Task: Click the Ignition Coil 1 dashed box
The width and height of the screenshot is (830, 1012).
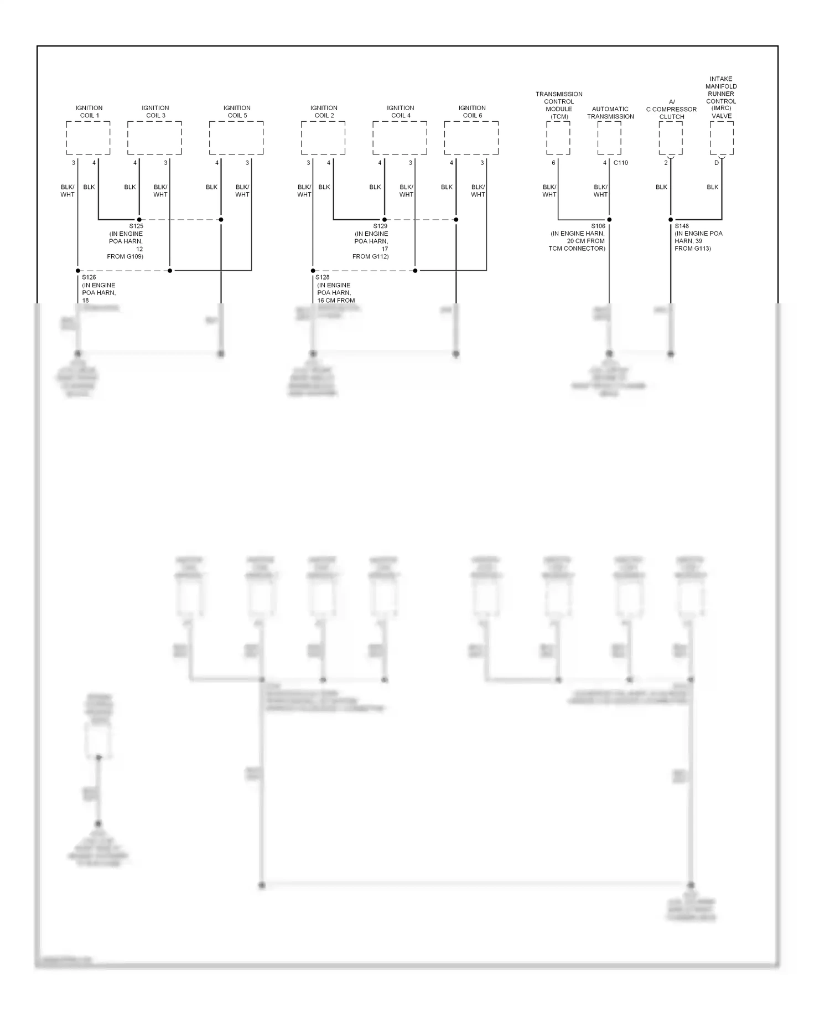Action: coord(88,138)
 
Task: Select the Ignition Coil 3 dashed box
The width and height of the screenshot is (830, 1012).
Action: coord(154,138)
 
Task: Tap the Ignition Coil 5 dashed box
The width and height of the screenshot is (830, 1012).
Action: coord(236,138)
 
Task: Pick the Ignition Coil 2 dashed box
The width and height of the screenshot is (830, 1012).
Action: coord(323,138)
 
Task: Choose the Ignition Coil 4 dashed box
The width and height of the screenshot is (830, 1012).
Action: coord(400,138)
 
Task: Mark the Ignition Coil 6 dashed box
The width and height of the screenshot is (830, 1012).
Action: coord(471,138)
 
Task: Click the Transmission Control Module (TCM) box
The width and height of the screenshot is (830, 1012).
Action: coord(558,138)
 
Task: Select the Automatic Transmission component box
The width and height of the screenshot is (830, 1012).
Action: coord(609,138)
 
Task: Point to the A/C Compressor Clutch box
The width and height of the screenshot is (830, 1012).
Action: coord(671,138)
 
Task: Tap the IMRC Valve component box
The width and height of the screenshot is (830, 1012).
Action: coord(722,138)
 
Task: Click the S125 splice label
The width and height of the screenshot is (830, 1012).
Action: coord(136,226)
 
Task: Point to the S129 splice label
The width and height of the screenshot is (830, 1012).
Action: coord(380,226)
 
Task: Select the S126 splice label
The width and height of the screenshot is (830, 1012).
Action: coord(89,277)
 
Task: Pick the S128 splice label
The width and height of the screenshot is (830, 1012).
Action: coord(323,277)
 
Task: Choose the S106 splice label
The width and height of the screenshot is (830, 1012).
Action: coord(598,226)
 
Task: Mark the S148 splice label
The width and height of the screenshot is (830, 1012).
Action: coord(682,226)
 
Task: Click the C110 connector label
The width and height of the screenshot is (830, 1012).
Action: coord(621,163)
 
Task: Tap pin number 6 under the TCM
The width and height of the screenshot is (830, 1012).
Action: coord(553,163)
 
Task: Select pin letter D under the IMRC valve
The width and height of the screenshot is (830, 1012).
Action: coord(717,163)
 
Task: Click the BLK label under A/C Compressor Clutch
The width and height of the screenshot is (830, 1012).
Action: coord(661,187)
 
